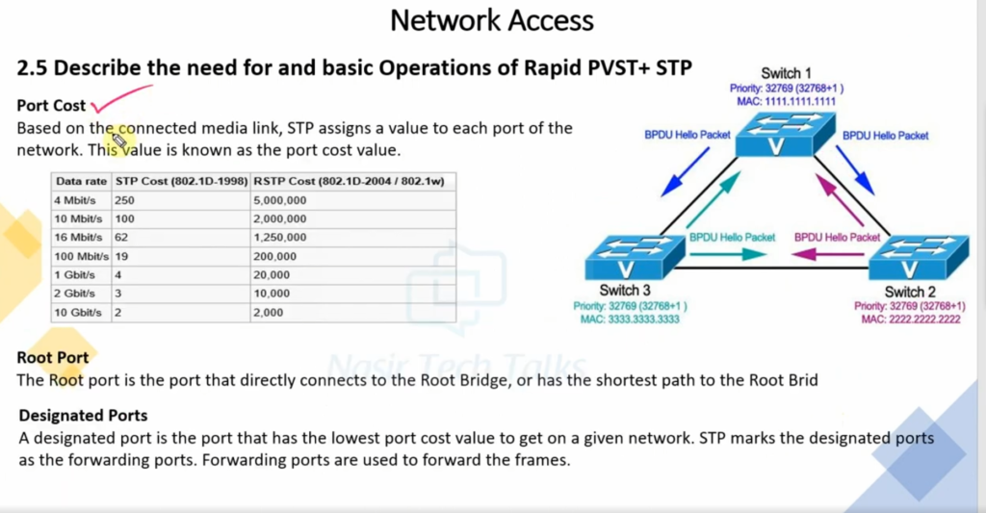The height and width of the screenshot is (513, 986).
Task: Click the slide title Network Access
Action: (492, 20)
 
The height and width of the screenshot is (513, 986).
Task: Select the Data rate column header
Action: (81, 181)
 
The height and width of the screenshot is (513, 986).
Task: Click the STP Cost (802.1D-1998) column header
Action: (180, 181)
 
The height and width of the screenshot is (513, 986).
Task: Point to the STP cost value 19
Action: (121, 256)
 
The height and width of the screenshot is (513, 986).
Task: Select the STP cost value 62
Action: (121, 237)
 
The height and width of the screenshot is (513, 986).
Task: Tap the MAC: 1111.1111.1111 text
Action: (786, 100)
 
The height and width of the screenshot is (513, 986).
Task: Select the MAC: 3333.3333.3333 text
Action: (630, 320)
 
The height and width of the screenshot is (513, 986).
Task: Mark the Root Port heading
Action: (53, 358)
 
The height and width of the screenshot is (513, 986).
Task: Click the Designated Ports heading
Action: (84, 416)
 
